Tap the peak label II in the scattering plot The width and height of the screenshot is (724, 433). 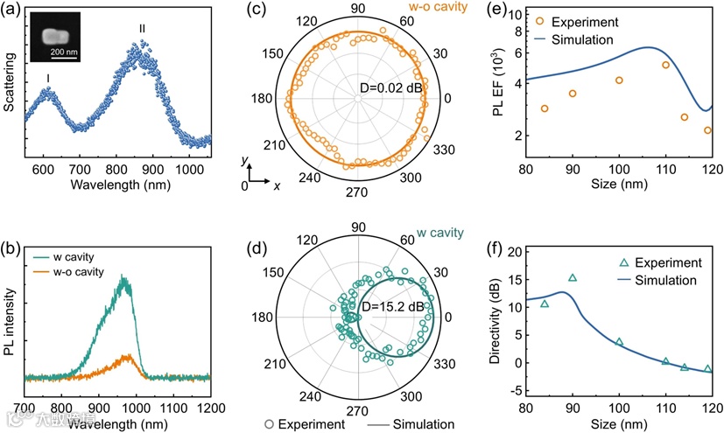pos(142,30)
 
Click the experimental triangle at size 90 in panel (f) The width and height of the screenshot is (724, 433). pos(573,278)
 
